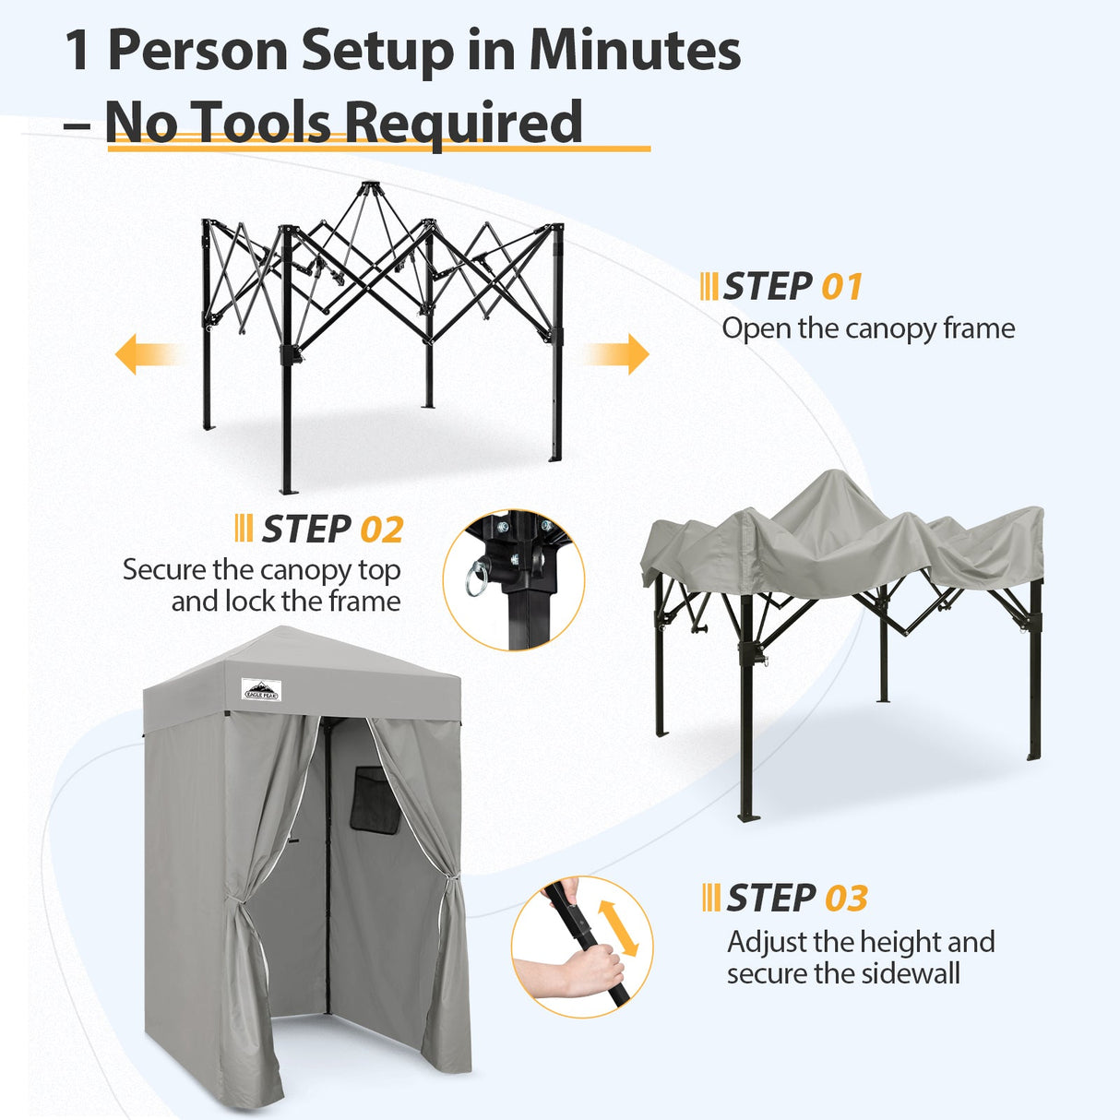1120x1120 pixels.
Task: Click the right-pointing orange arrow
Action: (617, 354)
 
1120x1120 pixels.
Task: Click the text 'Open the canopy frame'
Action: (867, 328)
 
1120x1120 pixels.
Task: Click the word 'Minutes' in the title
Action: (635, 50)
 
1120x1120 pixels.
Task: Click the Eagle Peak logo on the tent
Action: (261, 689)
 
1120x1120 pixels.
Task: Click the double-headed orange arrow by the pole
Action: (618, 927)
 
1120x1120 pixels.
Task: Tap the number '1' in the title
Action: (77, 51)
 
